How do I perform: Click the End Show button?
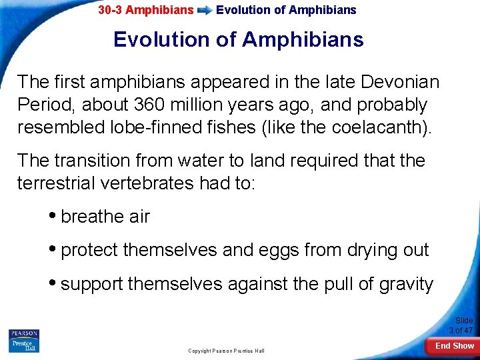click(454, 345)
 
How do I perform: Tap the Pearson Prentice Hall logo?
click(24, 341)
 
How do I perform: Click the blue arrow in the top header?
click(205, 11)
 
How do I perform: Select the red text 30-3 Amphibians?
click(145, 10)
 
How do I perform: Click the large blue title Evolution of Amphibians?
click(239, 40)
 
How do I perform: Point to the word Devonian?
click(399, 82)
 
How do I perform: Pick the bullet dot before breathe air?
click(53, 216)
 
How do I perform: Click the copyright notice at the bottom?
click(226, 351)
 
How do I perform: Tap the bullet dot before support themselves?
click(53, 284)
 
